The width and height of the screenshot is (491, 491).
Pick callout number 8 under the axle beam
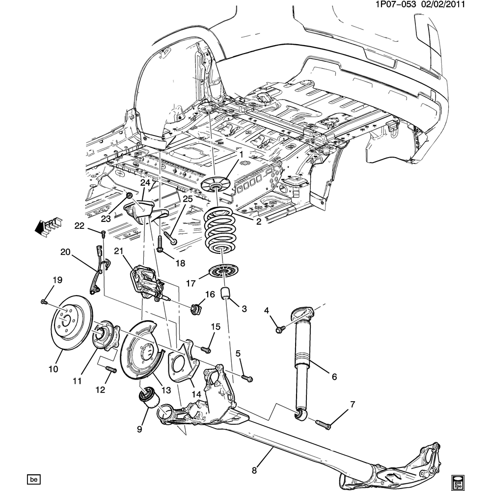point(254,470)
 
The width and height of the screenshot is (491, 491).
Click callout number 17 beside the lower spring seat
point(190,283)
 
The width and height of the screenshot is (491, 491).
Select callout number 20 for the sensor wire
point(65,252)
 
